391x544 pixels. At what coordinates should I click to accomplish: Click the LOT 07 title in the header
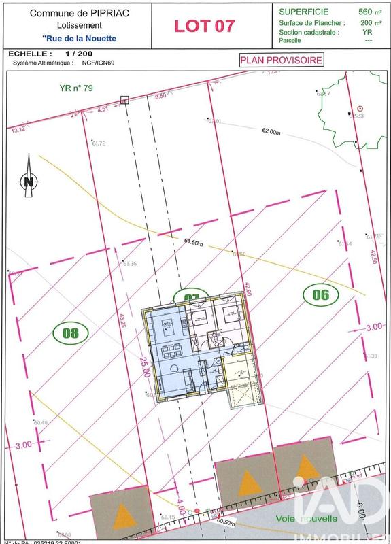point(205,26)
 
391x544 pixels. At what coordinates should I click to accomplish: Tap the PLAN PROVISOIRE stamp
point(280,60)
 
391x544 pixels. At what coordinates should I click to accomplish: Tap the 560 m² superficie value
point(364,12)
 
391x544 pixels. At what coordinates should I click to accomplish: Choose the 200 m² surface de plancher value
point(364,22)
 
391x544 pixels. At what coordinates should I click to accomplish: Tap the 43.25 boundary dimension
point(122,320)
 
